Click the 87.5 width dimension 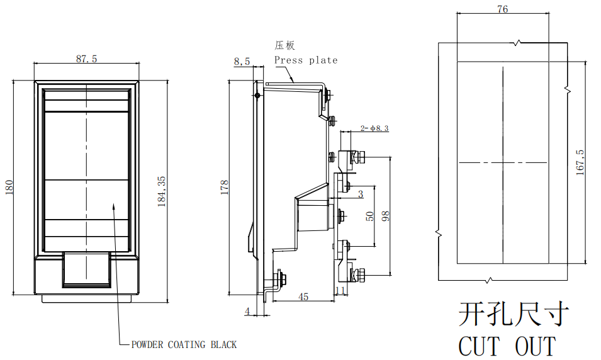point(86,59)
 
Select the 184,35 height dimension point(162,192)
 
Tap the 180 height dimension point(9,187)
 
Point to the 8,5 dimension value point(242,61)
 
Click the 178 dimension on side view point(224,187)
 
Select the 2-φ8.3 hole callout point(374,128)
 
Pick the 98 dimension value point(386,216)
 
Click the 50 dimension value point(369,217)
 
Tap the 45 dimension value point(303,296)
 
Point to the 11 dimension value point(340,291)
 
